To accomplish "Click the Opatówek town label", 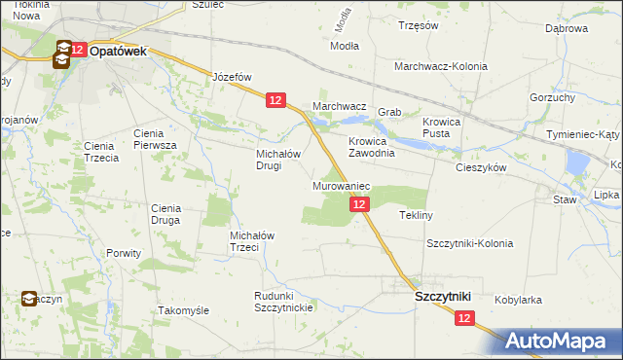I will point(118,52).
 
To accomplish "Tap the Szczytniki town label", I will point(443,296).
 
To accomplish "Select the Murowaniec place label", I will point(340,185).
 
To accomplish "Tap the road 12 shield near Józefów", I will point(275,100).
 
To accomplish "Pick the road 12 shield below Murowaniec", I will point(359,203).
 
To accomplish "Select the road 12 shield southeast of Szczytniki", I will point(463,318).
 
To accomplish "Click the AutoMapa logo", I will point(563,342).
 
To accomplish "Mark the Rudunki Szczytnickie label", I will point(282,302).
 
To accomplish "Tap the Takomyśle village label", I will point(183,310).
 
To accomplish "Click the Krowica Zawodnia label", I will point(371,146).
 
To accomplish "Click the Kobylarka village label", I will point(518,301).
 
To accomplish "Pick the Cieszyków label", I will point(482,167).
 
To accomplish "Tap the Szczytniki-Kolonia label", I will point(468,243).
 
